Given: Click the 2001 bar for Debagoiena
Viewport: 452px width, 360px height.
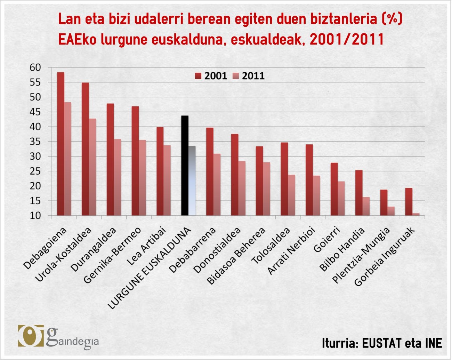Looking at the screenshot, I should click(x=60, y=144).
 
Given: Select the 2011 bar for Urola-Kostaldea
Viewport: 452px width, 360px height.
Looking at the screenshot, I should click(x=92, y=167).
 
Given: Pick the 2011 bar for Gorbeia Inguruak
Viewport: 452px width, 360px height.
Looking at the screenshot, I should click(x=416, y=214).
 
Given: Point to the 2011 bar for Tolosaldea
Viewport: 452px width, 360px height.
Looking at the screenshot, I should click(x=291, y=195).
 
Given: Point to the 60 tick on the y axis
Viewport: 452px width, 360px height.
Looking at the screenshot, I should click(x=35, y=67).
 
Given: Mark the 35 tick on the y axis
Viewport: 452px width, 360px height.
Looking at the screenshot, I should click(x=35, y=142).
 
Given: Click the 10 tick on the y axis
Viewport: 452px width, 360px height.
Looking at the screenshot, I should click(x=35, y=216).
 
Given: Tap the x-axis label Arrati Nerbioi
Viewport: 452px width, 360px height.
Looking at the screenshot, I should click(x=292, y=251).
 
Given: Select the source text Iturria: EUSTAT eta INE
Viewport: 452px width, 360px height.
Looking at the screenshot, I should click(x=382, y=343).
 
